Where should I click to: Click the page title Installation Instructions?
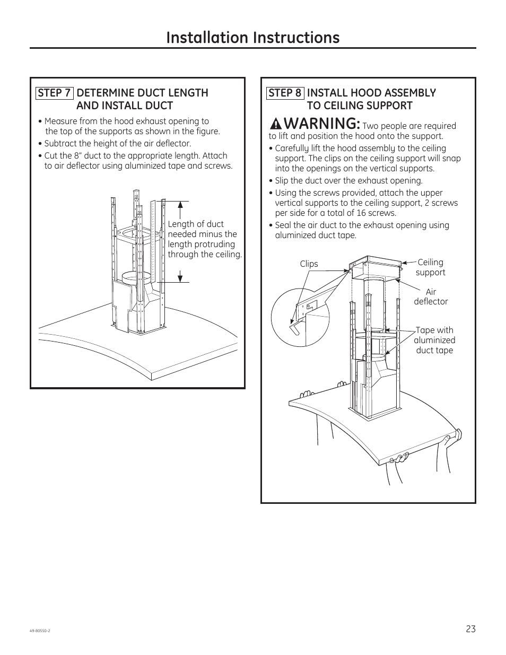pos(252,37)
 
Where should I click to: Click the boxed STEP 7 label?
pos(54,93)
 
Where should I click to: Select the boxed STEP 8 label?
pos(285,93)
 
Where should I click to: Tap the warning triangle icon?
pos(276,125)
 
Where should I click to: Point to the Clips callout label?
pos(309,264)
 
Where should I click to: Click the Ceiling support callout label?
pos(430,267)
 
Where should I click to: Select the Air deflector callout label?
pos(431,296)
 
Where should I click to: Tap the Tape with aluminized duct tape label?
pos(434,340)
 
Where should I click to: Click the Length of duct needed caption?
pos(204,239)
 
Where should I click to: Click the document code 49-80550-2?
pos(40,631)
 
